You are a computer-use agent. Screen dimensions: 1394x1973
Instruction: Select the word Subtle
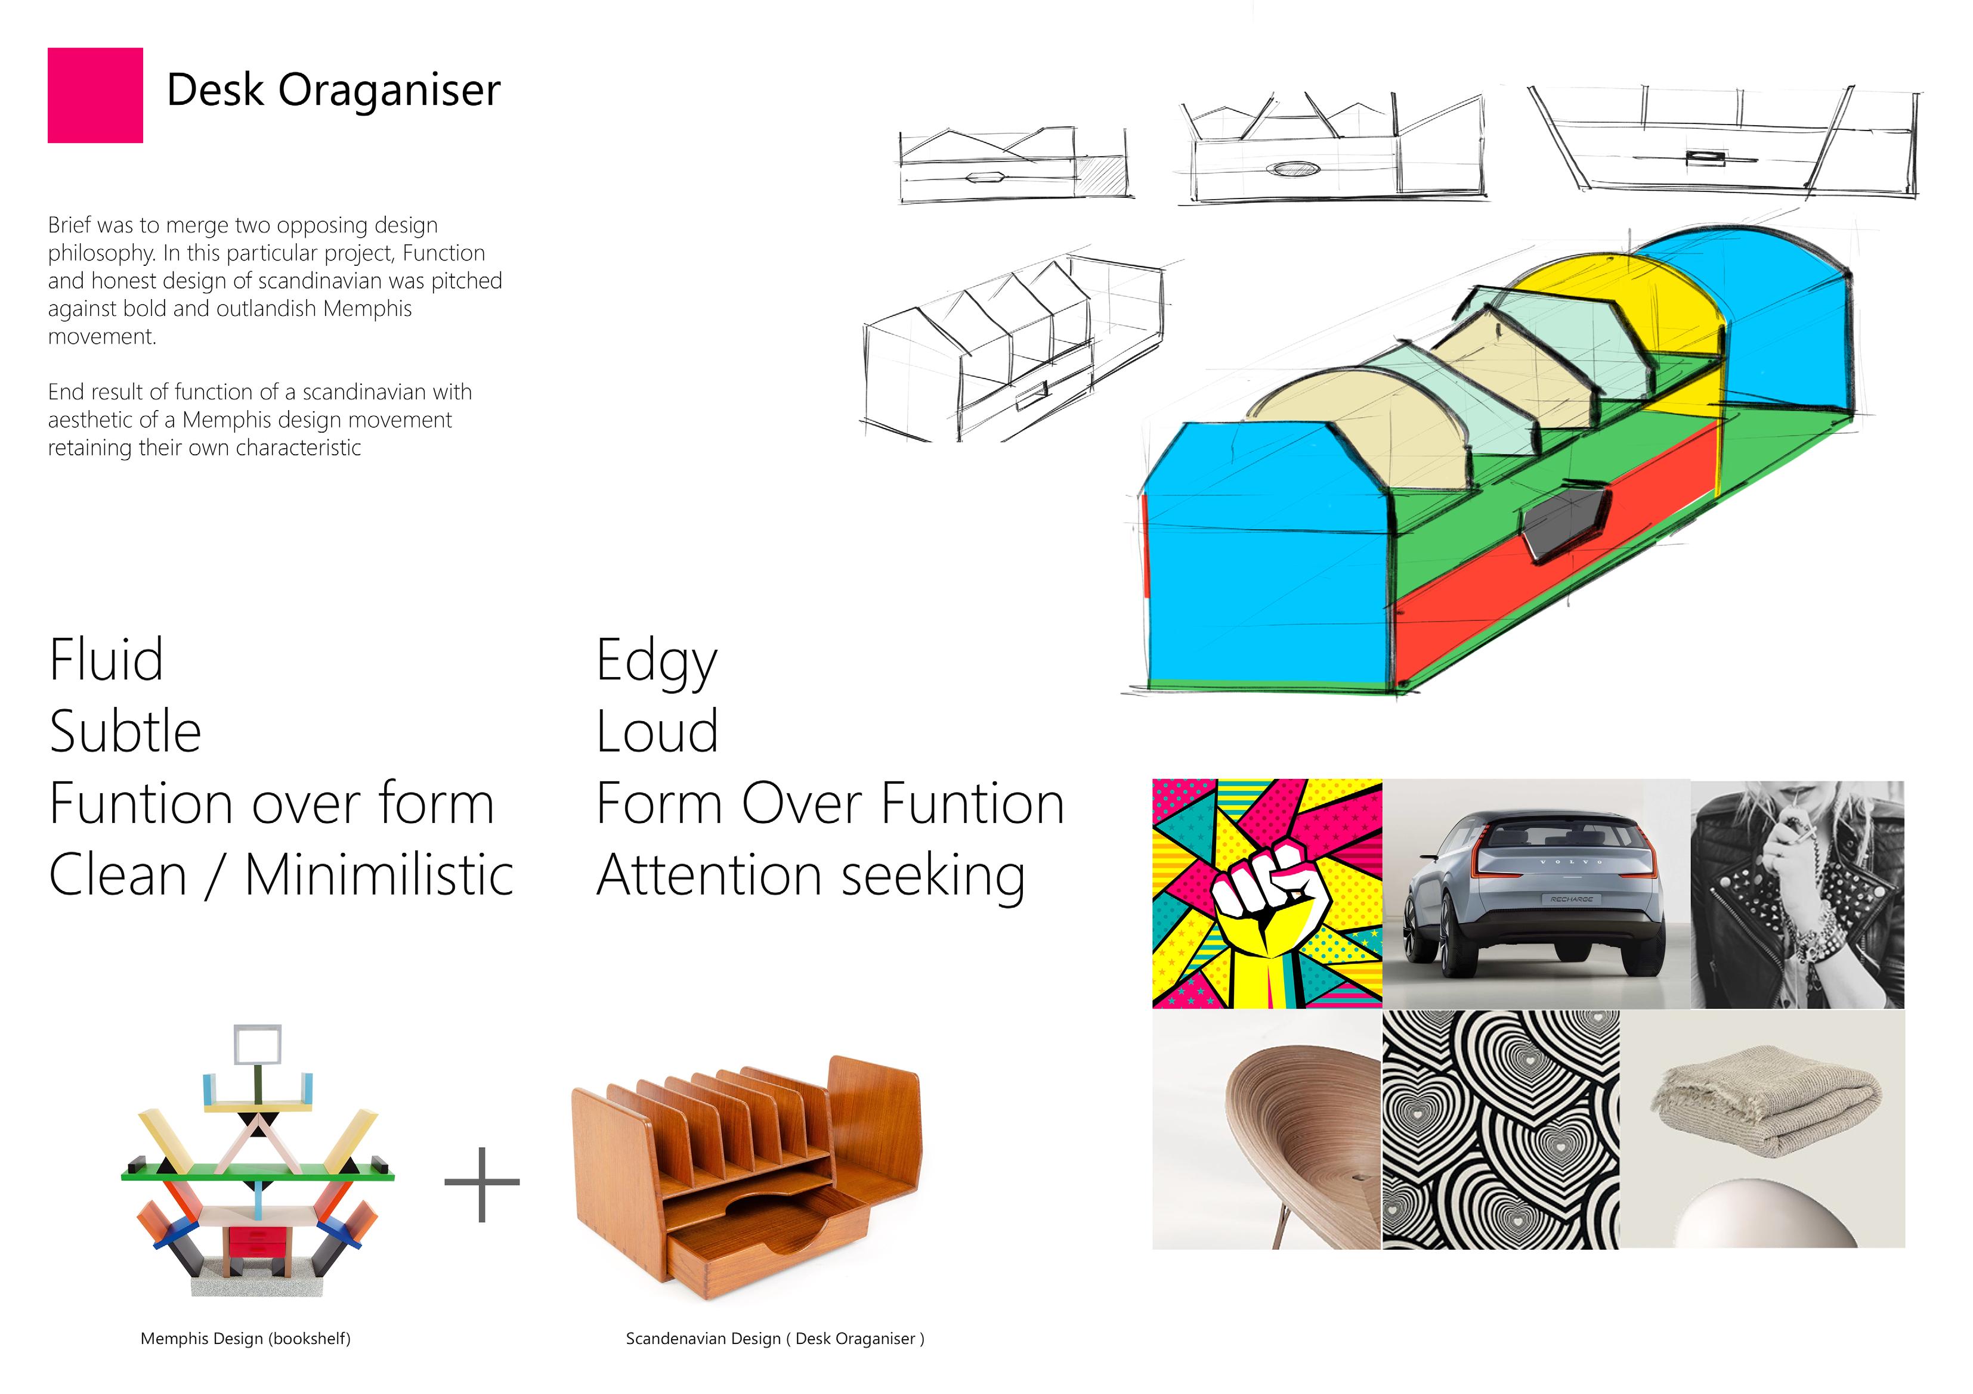point(125,732)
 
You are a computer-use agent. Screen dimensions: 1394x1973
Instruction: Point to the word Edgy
point(657,662)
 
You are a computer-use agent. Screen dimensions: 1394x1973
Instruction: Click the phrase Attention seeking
point(811,876)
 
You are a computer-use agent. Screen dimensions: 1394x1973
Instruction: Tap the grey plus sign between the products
point(482,1184)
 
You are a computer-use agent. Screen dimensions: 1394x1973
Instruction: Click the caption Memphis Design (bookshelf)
point(245,1338)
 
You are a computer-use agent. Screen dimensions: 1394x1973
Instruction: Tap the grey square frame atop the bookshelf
point(257,1044)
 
